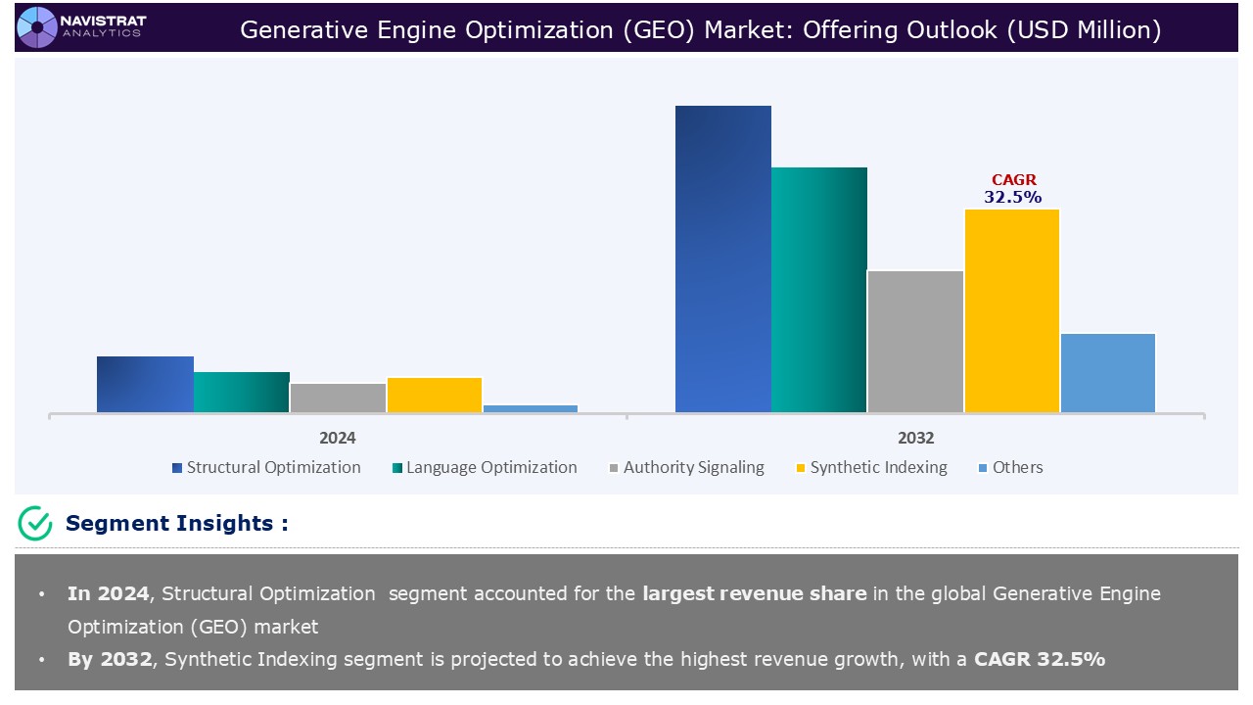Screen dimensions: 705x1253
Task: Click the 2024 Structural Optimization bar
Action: (x=145, y=384)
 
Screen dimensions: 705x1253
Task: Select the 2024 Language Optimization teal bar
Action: (x=241, y=392)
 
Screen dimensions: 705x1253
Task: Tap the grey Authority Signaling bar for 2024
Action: (x=338, y=398)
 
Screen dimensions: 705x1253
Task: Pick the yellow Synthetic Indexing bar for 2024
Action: (x=434, y=395)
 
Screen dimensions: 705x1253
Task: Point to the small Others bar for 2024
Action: (x=530, y=408)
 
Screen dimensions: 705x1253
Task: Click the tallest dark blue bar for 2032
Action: (x=722, y=258)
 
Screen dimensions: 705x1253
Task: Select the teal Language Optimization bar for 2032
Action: (x=818, y=290)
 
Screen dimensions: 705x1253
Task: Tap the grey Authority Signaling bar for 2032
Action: (x=914, y=341)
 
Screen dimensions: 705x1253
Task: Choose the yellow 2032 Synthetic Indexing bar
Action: (x=1011, y=310)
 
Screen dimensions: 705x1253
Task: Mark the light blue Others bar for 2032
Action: (x=1107, y=372)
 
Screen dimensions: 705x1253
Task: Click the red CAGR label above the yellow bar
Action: (x=1013, y=180)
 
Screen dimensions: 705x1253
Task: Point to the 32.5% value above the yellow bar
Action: (x=1013, y=197)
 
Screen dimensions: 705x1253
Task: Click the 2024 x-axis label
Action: (x=337, y=438)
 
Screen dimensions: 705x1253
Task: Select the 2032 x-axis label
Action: (x=915, y=438)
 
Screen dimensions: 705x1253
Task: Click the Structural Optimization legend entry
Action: (x=265, y=467)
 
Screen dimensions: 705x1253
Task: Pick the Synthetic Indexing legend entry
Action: (x=870, y=467)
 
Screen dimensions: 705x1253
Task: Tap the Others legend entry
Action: (x=1009, y=467)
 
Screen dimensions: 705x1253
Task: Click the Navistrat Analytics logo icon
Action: (x=37, y=26)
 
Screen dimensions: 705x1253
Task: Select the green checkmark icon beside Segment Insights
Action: (x=35, y=523)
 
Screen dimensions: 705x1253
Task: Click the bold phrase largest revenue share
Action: (x=754, y=593)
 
